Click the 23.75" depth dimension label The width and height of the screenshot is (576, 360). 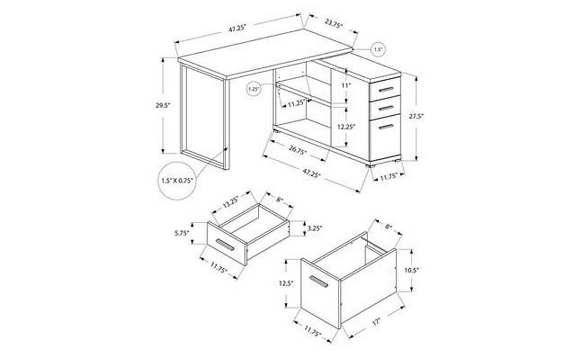[334, 24]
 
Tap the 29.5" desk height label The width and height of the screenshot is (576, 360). [163, 105]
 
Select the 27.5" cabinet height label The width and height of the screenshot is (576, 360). [416, 116]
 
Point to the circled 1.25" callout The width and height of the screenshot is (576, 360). [253, 89]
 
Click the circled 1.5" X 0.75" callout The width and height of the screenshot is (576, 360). [177, 180]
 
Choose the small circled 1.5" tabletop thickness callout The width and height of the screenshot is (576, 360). [378, 49]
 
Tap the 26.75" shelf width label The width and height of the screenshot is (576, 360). [298, 150]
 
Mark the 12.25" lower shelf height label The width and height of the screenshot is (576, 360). [347, 127]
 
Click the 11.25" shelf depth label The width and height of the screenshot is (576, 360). [297, 104]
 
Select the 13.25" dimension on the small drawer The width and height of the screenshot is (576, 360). [231, 201]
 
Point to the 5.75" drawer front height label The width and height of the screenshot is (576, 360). [182, 233]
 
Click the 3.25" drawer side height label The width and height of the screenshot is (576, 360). [315, 228]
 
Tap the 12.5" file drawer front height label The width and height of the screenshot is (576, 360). [286, 283]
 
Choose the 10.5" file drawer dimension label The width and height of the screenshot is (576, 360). [412, 270]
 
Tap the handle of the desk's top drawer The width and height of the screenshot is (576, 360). [386, 89]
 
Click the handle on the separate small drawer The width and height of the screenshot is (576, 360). [225, 245]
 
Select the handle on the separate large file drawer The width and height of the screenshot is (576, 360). [319, 282]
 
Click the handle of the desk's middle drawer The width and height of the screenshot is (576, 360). [386, 108]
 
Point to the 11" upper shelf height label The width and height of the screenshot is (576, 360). [347, 85]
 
